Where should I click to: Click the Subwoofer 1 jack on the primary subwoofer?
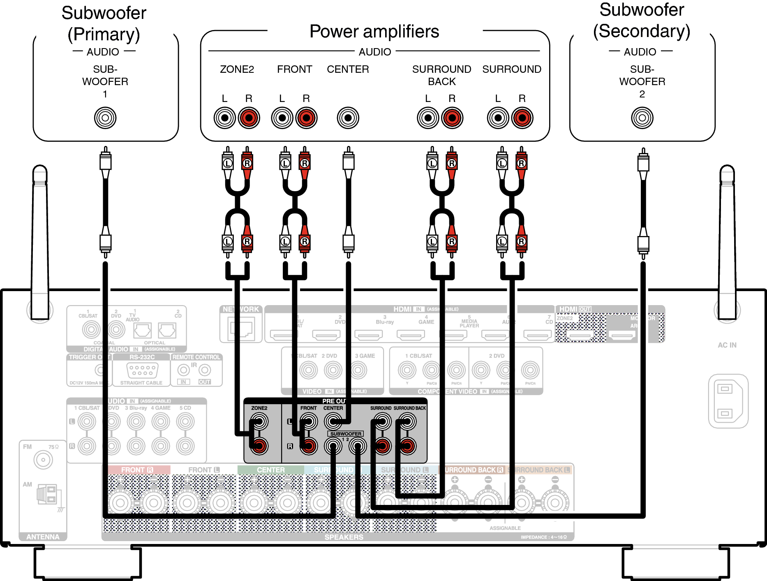click(x=105, y=118)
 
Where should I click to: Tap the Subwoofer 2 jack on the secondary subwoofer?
click(x=642, y=118)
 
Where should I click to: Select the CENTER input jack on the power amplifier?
click(x=348, y=118)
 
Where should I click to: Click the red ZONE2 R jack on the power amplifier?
click(x=249, y=118)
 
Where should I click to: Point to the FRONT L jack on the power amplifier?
click(x=282, y=118)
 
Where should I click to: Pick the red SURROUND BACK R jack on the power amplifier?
click(x=452, y=118)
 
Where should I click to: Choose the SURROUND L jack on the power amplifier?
click(x=498, y=118)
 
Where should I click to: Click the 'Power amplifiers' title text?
click(x=374, y=32)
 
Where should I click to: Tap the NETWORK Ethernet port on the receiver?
click(x=242, y=329)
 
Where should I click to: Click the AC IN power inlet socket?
click(x=728, y=401)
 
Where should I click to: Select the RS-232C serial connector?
click(x=142, y=370)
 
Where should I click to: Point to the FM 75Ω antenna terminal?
click(x=43, y=459)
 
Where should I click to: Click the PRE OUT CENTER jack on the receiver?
click(x=333, y=421)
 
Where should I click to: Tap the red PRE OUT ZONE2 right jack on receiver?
click(x=259, y=446)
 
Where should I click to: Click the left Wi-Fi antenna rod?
click(x=40, y=243)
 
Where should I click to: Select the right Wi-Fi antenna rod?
click(x=727, y=243)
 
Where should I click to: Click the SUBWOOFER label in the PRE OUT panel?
click(x=346, y=434)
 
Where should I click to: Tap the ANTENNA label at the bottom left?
click(x=43, y=537)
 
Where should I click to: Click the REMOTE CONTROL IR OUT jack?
click(x=205, y=370)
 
